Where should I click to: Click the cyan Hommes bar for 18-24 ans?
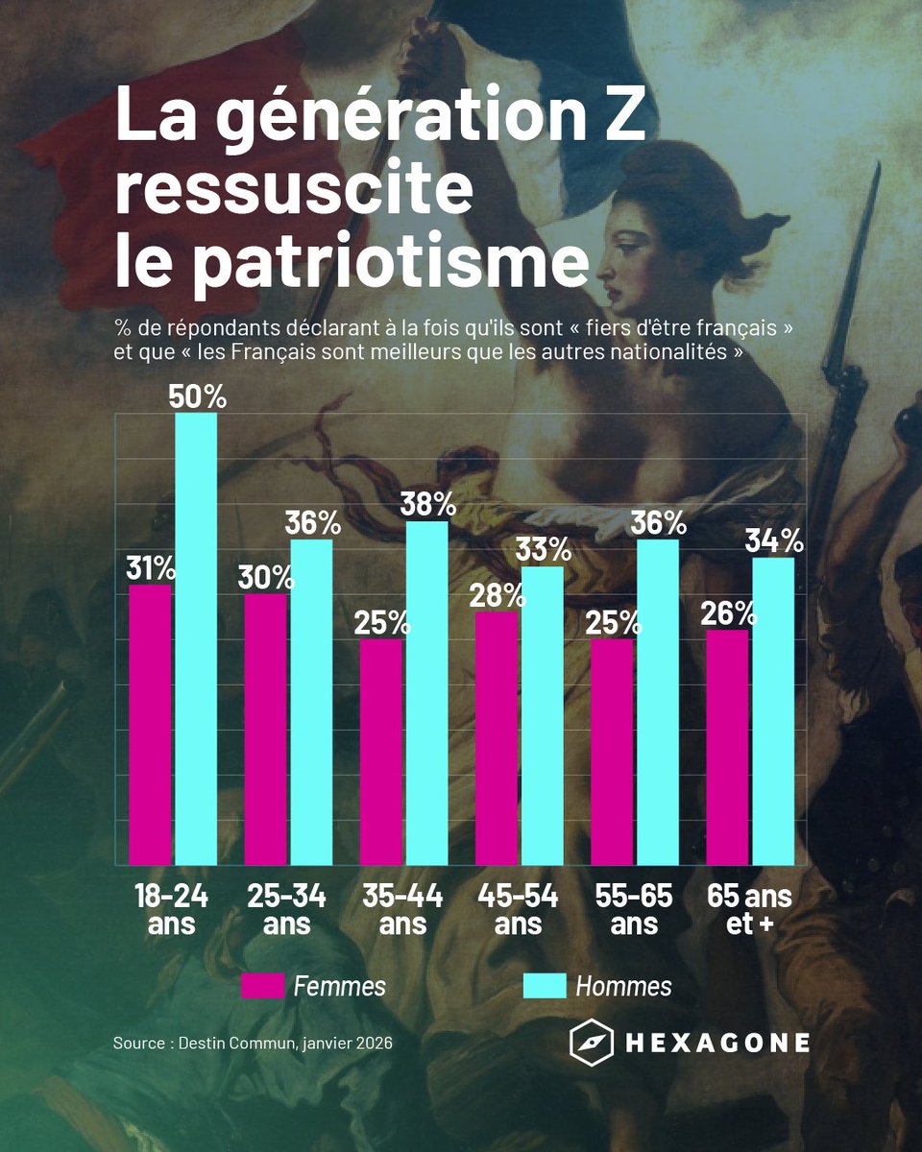click(196, 638)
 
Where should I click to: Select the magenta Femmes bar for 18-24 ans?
click(150, 725)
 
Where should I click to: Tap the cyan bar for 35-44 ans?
click(426, 693)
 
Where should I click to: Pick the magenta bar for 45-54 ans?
click(496, 738)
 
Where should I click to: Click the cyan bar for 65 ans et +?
click(773, 710)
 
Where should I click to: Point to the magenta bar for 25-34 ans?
click(265, 729)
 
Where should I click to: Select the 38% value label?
click(428, 505)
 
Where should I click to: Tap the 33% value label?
click(544, 550)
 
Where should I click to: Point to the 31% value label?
click(151, 568)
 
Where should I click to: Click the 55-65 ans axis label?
click(634, 909)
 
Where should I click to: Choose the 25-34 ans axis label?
click(286, 909)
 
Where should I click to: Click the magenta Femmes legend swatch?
click(262, 986)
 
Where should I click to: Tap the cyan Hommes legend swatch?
click(544, 986)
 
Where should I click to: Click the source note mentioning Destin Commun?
click(253, 1043)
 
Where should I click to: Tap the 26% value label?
click(729, 612)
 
